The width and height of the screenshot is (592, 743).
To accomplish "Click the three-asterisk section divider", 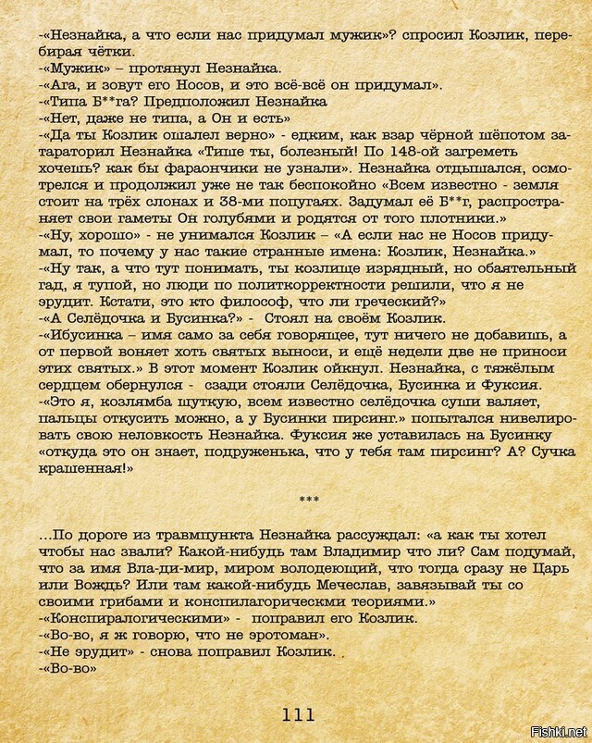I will pos(310,500).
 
